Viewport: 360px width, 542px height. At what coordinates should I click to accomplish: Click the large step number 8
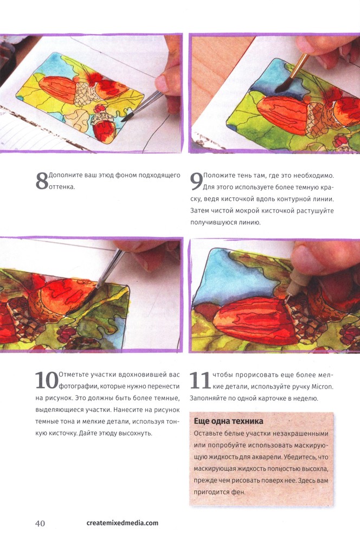pos(42,181)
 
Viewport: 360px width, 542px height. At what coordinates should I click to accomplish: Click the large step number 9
pos(196,182)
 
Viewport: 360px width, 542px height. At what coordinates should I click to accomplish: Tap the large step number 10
pos(47,380)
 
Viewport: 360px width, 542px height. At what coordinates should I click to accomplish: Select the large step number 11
pos(200,380)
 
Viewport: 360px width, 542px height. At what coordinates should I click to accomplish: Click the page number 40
pos(40,523)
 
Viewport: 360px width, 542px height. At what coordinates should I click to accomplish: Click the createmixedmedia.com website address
pos(123,522)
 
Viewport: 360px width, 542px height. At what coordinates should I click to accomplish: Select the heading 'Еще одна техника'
pos(229,421)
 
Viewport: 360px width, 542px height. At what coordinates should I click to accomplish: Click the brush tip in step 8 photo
pos(125,119)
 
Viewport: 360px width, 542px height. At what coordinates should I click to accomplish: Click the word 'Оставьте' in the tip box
pos(208,434)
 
